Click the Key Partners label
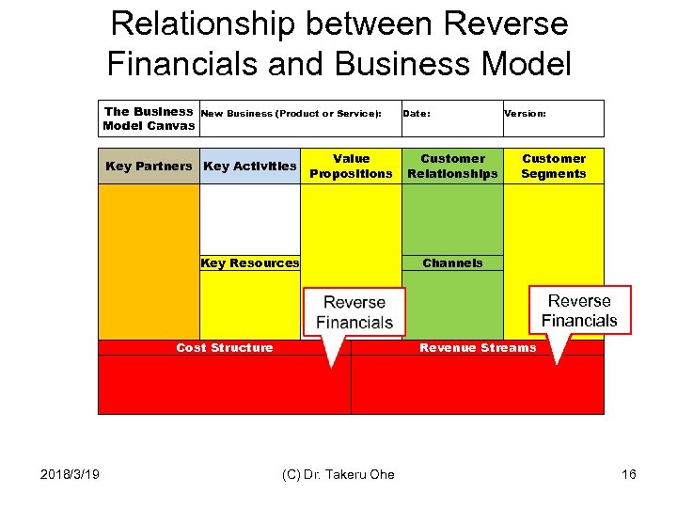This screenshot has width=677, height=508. point(149,167)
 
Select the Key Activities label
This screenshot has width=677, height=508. point(250,167)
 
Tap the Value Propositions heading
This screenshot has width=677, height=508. point(351,167)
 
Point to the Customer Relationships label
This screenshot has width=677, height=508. point(452,167)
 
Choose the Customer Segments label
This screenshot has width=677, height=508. point(553,167)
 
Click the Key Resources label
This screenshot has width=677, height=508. point(250,263)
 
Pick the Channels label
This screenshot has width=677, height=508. point(452,263)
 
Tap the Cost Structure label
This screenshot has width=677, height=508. point(225,348)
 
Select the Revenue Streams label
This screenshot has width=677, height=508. point(478,348)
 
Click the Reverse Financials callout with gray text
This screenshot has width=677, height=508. point(354,312)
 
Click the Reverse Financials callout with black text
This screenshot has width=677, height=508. point(579,310)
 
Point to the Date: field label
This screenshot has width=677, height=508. point(417,114)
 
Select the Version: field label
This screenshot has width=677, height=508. point(525,114)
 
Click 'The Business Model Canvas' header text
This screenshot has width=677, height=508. point(149,119)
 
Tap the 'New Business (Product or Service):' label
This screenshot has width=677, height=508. point(291,114)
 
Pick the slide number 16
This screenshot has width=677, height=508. point(629,474)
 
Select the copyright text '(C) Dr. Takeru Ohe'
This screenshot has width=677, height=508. point(338,474)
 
